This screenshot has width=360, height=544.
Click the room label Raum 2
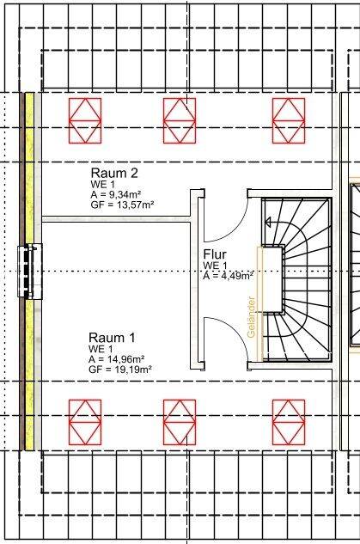pyautogui.click(x=114, y=173)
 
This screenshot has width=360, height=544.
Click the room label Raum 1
pyautogui.click(x=112, y=337)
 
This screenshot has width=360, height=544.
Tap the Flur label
pyautogui.click(x=215, y=254)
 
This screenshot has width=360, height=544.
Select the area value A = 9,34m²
pyautogui.click(x=117, y=193)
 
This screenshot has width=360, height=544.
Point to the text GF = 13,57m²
pyautogui.click(x=122, y=205)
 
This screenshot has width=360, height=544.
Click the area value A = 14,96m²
pyautogui.click(x=117, y=358)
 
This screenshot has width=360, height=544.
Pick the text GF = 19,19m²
pyautogui.click(x=120, y=370)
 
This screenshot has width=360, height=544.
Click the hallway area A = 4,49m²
pyautogui.click(x=228, y=276)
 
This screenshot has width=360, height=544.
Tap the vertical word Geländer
pyautogui.click(x=252, y=317)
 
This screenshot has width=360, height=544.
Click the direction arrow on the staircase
pyautogui.click(x=269, y=222)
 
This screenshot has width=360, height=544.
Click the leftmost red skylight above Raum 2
pyautogui.click(x=85, y=120)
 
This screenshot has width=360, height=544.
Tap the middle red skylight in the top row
pyautogui.click(x=180, y=120)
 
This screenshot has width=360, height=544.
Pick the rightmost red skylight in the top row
pyautogui.click(x=289, y=120)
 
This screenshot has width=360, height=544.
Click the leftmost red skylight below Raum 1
pyautogui.click(x=85, y=422)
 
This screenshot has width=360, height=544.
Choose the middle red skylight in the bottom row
pyautogui.click(x=180, y=422)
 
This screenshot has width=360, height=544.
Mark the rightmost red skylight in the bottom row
pyautogui.click(x=289, y=422)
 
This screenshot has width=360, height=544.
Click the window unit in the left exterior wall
pyautogui.click(x=30, y=272)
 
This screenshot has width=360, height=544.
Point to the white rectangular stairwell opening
pyautogui.click(x=272, y=279)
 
